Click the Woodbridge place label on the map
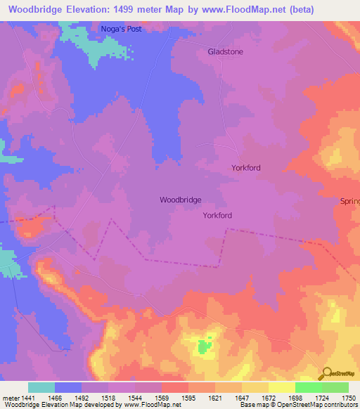point(181,200)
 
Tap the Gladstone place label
point(226,52)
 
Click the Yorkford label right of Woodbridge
point(218,216)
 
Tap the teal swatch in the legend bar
point(41,387)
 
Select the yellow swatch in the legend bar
point(281,387)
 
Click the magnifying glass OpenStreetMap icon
point(326,372)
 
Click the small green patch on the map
point(204,346)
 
